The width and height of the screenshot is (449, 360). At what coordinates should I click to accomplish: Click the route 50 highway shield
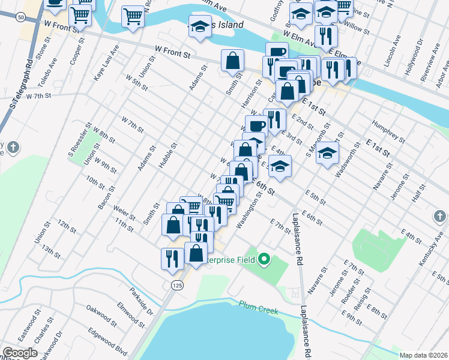pyautogui.click(x=21, y=18)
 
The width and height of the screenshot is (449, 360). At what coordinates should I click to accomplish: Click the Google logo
pyautogui.click(x=20, y=353)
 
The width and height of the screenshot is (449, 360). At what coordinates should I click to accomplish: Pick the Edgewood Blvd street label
pyautogui.click(x=107, y=341)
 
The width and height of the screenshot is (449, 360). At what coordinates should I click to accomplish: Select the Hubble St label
pyautogui.click(x=168, y=155)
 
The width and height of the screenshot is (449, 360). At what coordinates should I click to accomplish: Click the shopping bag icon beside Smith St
pyautogui.click(x=232, y=61)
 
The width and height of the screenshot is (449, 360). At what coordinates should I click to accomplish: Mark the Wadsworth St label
pyautogui.click(x=348, y=160)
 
